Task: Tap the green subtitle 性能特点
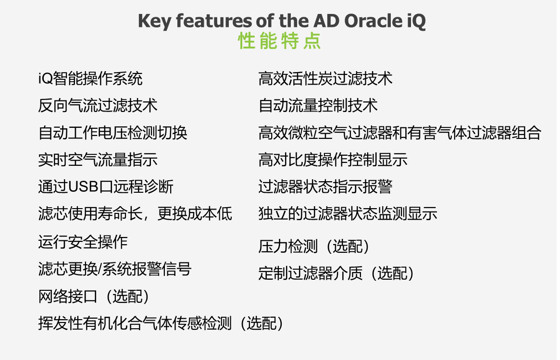(279, 41)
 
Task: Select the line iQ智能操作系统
(90, 78)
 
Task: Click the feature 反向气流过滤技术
(98, 106)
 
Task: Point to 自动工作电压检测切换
(113, 133)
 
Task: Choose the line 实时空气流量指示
(98, 160)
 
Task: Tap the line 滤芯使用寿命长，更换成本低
(136, 213)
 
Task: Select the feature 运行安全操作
(83, 242)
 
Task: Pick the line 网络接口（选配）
(94, 297)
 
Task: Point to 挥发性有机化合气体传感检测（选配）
(161, 323)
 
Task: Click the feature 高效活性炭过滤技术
(325, 78)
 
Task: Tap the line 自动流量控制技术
(318, 106)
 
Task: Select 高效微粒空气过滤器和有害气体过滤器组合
(400, 133)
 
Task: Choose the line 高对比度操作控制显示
(333, 160)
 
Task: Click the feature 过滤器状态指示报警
(325, 187)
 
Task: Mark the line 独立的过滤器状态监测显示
(348, 213)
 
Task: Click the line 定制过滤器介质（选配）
(336, 273)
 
